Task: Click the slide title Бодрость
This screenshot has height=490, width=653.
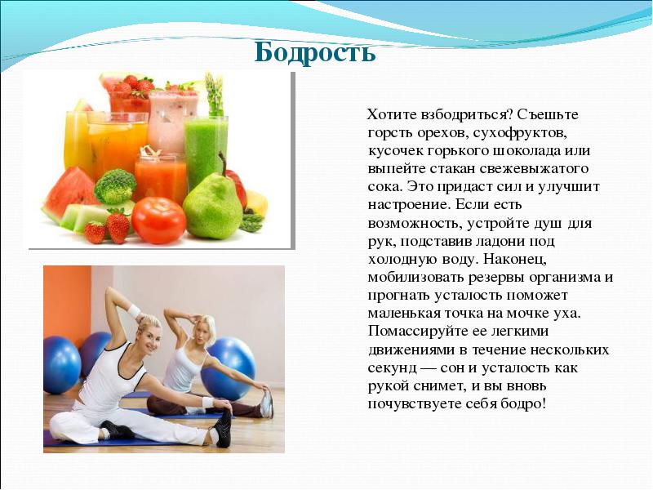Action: (x=315, y=53)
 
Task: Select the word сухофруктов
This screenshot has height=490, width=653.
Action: (x=520, y=133)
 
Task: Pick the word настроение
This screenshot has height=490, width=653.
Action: (x=408, y=205)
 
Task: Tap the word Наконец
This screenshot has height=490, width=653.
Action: (x=515, y=259)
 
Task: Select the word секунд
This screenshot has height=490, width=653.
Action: (x=393, y=368)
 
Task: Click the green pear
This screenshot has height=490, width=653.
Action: (x=212, y=207)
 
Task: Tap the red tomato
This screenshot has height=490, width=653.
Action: (x=158, y=220)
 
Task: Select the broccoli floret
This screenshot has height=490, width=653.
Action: (x=115, y=186)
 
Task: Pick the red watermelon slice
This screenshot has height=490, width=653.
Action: (x=69, y=194)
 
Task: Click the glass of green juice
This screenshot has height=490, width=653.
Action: (x=207, y=151)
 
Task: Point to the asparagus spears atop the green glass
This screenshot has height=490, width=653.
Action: (x=214, y=95)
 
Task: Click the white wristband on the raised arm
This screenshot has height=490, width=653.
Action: (x=134, y=311)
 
